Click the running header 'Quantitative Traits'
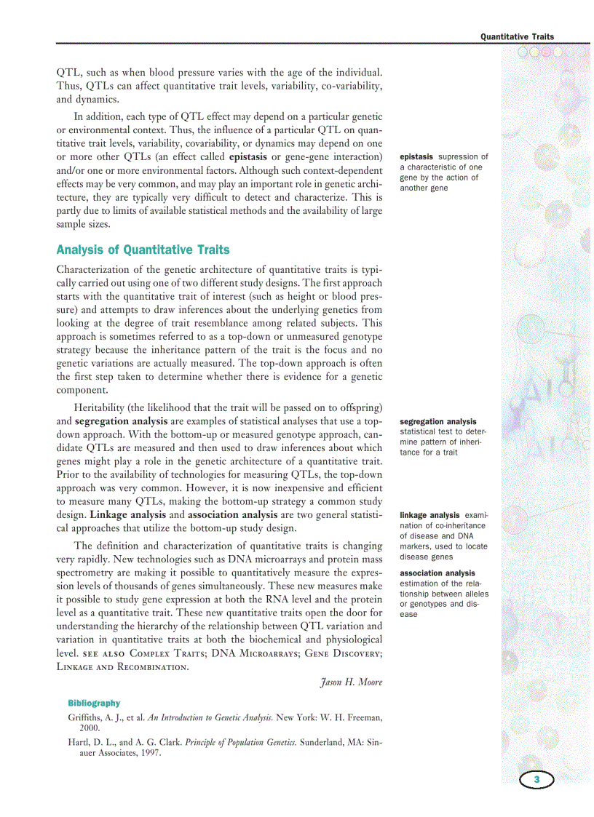click(517, 36)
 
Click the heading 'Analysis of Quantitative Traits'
click(143, 250)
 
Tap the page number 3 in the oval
click(536, 780)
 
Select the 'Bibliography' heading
click(94, 704)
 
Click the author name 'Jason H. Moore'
click(351, 682)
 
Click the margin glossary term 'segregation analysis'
click(438, 421)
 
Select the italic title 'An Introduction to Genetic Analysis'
click(210, 718)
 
